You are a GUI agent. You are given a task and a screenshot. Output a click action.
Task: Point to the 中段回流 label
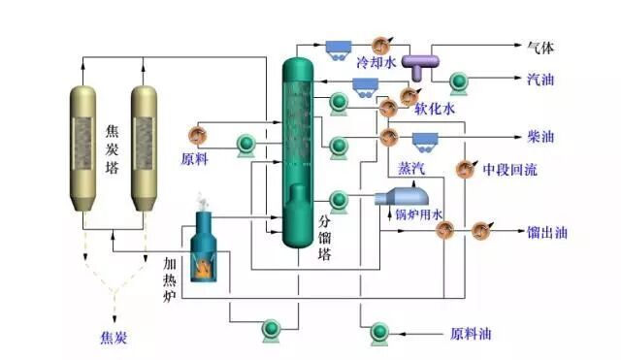tap(511, 169)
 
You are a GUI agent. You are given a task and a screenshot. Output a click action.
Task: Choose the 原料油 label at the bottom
tap(470, 334)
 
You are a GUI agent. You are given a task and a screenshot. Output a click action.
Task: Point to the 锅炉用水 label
tap(418, 213)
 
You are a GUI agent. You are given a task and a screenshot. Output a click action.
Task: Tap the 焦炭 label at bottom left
tap(114, 339)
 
